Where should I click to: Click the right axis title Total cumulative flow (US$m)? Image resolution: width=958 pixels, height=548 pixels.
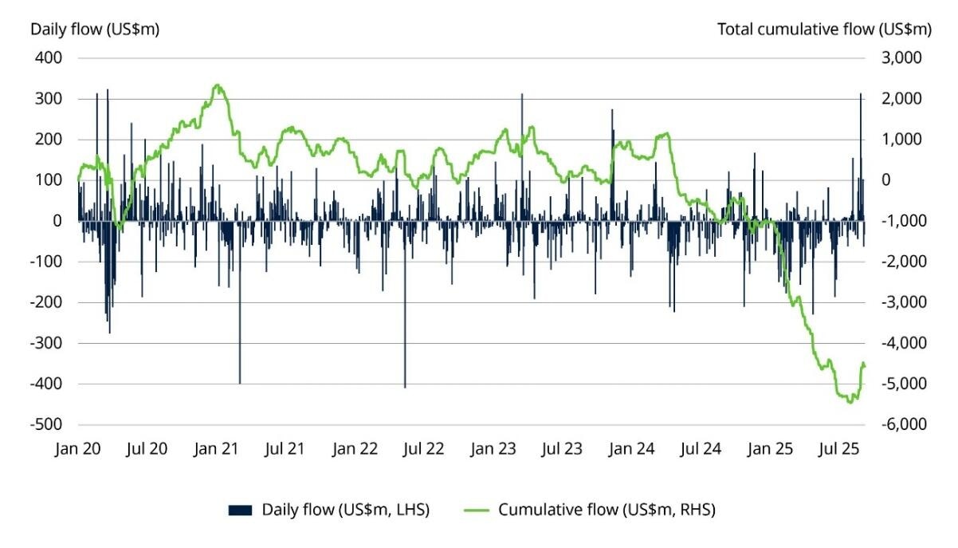pos(823,30)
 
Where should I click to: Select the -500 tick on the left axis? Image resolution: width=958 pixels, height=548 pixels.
pos(49,424)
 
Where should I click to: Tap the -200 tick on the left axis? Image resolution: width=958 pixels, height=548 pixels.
pos(49,302)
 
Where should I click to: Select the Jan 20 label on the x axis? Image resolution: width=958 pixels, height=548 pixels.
pos(79,450)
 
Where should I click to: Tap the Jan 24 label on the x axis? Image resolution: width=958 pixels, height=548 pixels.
pos(631,450)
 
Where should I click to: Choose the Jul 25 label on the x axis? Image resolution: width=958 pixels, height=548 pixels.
pos(838,450)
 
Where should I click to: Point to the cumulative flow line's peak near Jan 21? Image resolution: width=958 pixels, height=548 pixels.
pos(217,85)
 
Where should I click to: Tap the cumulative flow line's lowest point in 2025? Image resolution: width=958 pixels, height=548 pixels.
pos(850,402)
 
